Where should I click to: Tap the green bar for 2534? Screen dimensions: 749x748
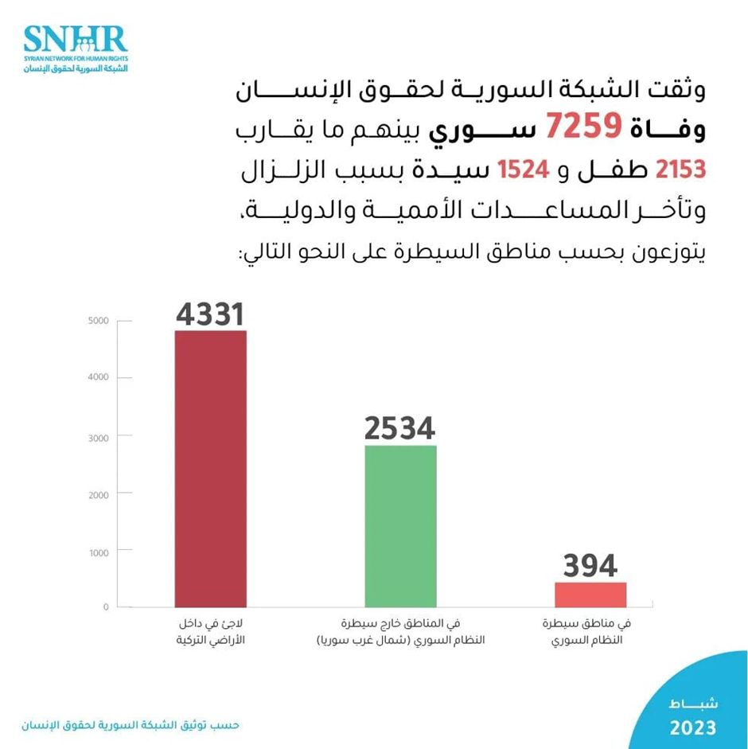tap(400, 525)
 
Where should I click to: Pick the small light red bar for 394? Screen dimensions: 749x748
tap(590, 594)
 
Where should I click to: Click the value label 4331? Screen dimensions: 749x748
tap(210, 314)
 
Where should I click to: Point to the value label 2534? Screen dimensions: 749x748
tap(400, 429)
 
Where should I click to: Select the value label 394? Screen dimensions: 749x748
tap(590, 566)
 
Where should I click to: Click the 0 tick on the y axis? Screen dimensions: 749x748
tap(105, 607)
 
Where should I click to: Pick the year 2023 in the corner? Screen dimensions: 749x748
tap(692, 728)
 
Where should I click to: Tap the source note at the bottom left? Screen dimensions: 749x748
tap(131, 725)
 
